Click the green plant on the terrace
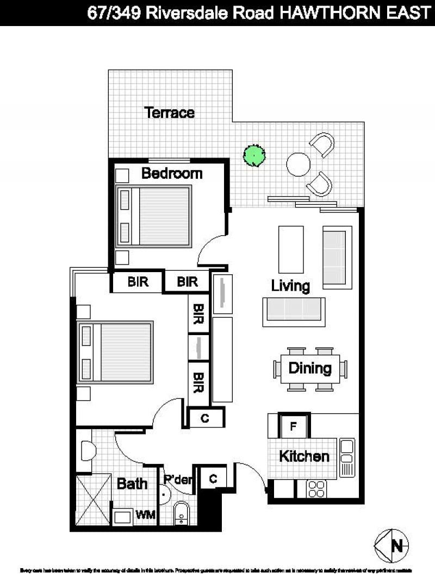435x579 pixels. tap(254, 155)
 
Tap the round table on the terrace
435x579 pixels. tap(298, 163)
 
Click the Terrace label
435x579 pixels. tap(169, 113)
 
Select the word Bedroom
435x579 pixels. tap(172, 174)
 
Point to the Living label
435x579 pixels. tap(290, 286)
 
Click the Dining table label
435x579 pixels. tap(310, 368)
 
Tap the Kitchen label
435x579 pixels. tap(304, 456)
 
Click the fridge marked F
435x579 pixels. tap(294, 426)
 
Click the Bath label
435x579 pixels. tap(132, 483)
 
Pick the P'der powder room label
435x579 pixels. tap(178, 480)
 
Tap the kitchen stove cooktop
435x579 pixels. tap(316, 489)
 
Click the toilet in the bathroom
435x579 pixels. tap(88, 451)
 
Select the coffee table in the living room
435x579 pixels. tap(291, 250)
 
